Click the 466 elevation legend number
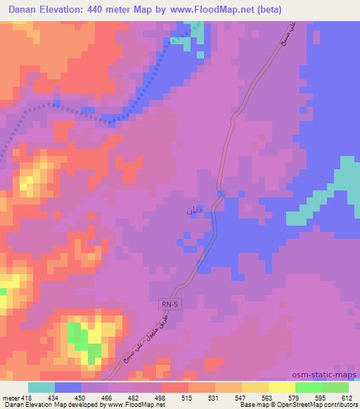pyautogui.click(x=108, y=397)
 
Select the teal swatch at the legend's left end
pyautogui.click(x=41, y=387)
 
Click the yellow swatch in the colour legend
pyautogui.click(x=282, y=387)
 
